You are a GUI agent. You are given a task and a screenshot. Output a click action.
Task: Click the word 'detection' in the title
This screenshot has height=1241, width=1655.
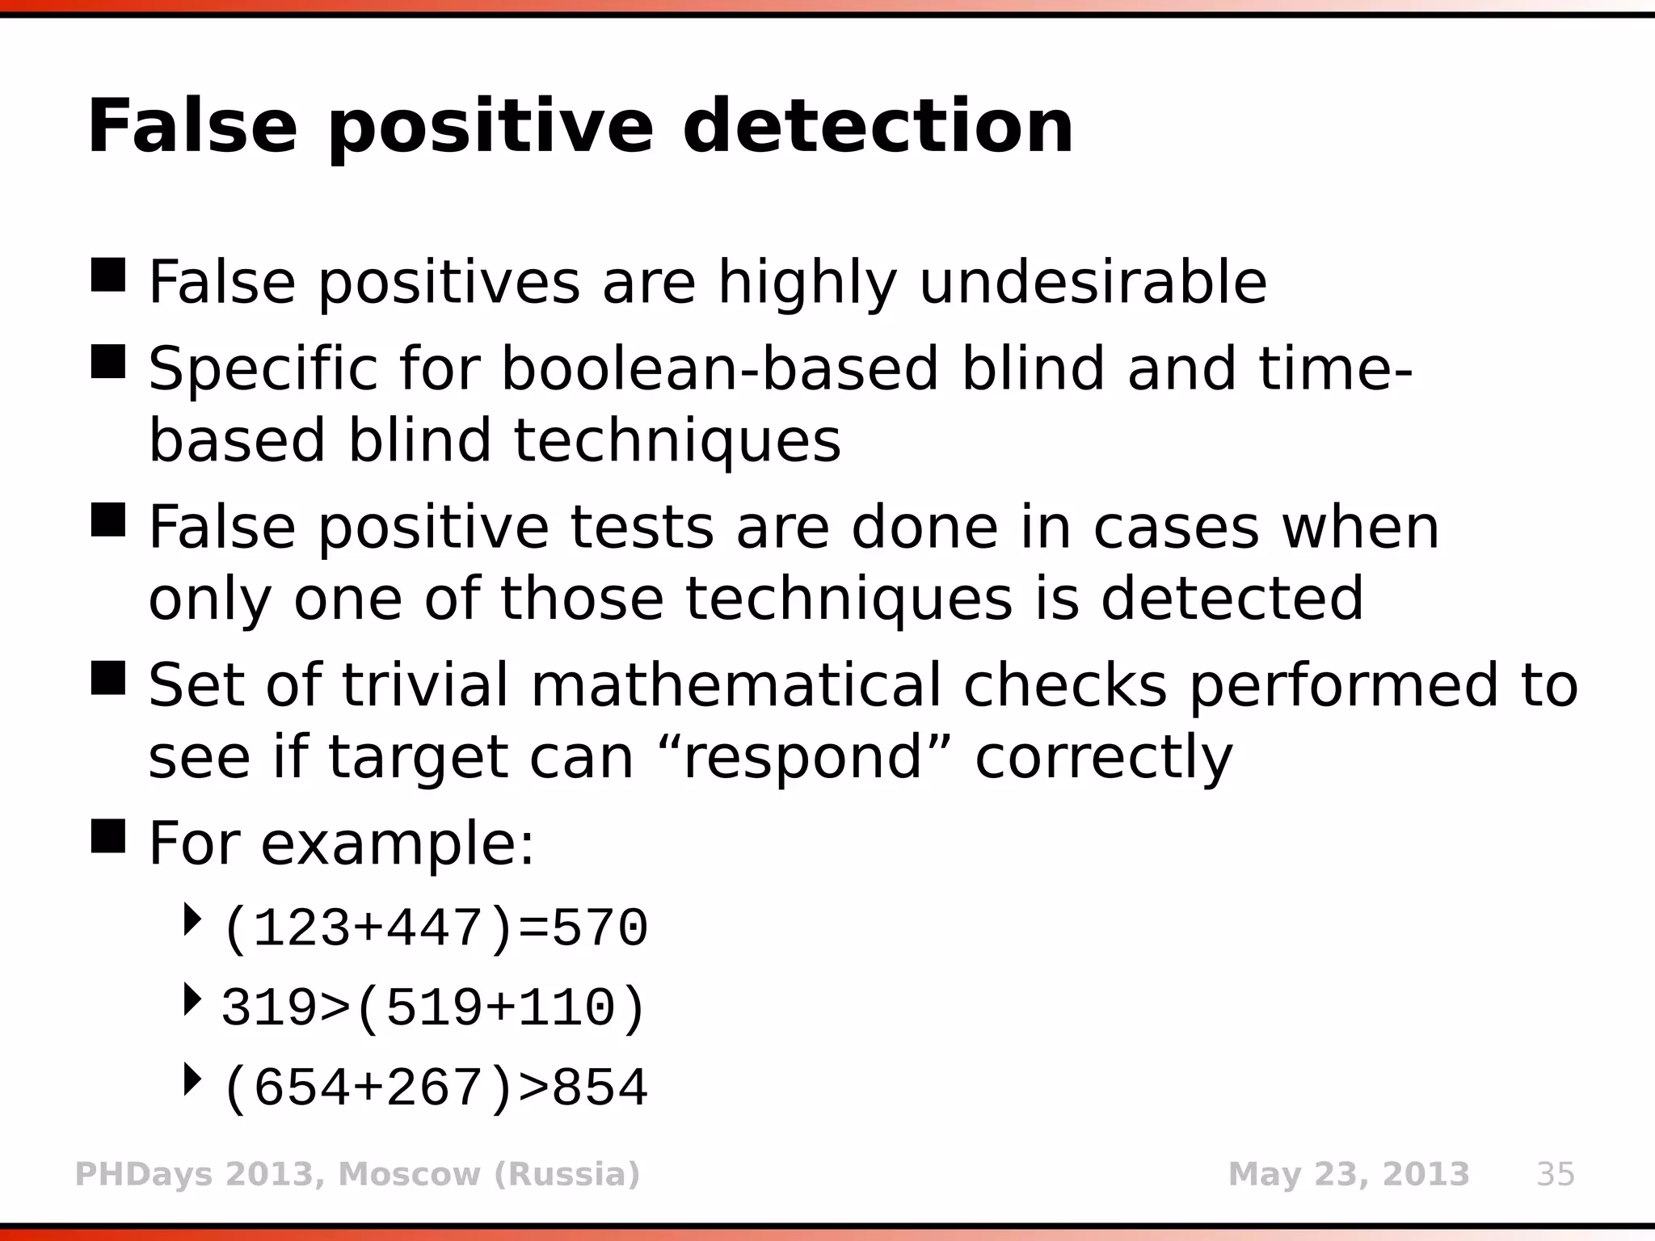pos(878,127)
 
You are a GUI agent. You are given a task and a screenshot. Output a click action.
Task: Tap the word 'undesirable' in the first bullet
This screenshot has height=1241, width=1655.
pos(1093,283)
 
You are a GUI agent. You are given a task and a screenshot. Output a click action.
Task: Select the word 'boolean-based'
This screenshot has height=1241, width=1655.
pos(719,369)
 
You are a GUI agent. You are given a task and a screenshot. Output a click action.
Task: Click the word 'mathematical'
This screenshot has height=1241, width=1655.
pos(735,685)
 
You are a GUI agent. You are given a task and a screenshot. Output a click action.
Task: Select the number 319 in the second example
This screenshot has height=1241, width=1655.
pos(270,1009)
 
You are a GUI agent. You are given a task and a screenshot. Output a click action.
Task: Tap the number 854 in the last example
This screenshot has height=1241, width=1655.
pos(600,1088)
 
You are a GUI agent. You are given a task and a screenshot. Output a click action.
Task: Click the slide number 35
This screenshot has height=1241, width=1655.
pos(1555,1174)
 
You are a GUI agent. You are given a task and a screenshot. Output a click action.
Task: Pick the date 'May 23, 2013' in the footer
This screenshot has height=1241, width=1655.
pos(1348,1174)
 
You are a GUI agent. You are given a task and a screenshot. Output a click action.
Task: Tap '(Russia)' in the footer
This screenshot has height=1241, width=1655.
pos(566,1174)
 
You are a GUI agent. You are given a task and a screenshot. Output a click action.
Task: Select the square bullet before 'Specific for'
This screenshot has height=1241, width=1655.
pos(108,361)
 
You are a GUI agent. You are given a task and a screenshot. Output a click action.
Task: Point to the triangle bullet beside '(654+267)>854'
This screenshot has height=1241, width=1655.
pos(192,1079)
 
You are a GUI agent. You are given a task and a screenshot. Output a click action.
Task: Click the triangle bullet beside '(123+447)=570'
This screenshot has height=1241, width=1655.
pos(192,920)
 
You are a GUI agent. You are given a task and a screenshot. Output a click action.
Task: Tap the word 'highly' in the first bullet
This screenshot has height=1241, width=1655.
pos(807,283)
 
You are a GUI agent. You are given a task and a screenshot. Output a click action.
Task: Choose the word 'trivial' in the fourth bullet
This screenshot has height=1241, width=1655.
pos(425,685)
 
